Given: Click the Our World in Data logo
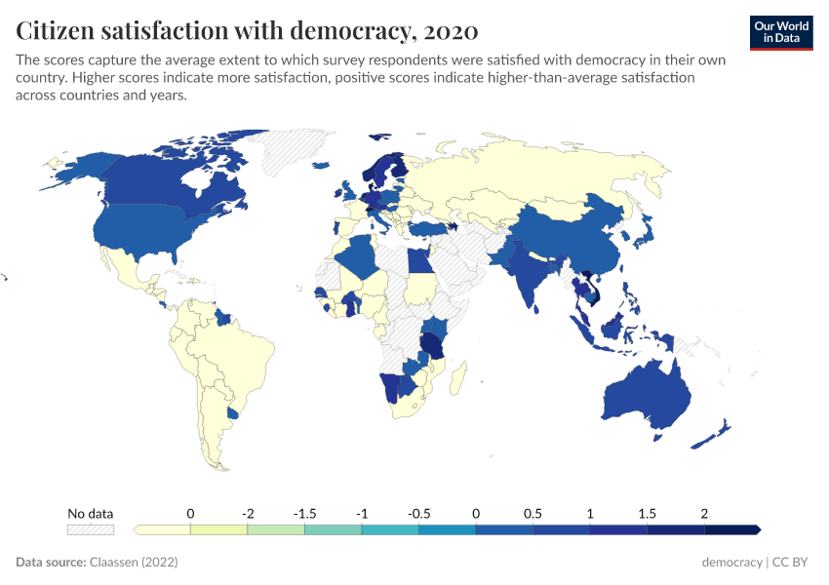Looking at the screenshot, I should pyautogui.click(x=781, y=31).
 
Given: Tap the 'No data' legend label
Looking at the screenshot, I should pyautogui.click(x=90, y=513).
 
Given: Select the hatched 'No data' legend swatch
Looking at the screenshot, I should pyautogui.click(x=90, y=529).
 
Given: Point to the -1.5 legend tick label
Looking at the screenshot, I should pyautogui.click(x=304, y=513).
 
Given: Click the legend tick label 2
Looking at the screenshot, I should pyautogui.click(x=704, y=513).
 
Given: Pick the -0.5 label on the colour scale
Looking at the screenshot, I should pyautogui.click(x=418, y=513).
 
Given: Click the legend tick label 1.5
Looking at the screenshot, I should pyautogui.click(x=647, y=513).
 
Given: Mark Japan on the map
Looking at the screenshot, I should pyautogui.click(x=645, y=230).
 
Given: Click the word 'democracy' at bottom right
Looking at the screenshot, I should pyautogui.click(x=731, y=563).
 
